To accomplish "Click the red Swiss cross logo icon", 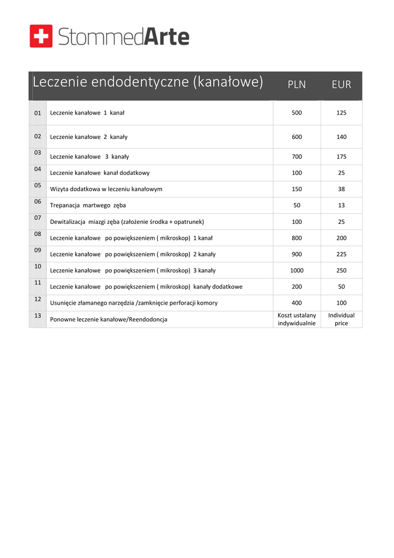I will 41,36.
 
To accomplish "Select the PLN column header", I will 297,84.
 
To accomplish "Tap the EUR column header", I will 341,84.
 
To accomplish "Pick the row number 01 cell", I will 38,113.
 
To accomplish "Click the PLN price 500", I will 297,113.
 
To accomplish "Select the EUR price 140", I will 341,137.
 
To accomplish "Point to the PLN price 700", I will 297,157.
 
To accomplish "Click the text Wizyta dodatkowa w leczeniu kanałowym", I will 106,189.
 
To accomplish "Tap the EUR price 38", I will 341,189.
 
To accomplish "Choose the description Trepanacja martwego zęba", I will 88,205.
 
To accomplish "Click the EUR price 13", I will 341,205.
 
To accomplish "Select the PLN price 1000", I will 297,270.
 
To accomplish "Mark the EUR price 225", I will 341,254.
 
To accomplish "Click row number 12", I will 38,299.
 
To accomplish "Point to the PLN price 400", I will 297,303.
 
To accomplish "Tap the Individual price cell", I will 341,319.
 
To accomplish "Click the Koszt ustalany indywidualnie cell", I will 297,319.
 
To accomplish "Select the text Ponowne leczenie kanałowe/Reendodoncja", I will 108,319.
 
